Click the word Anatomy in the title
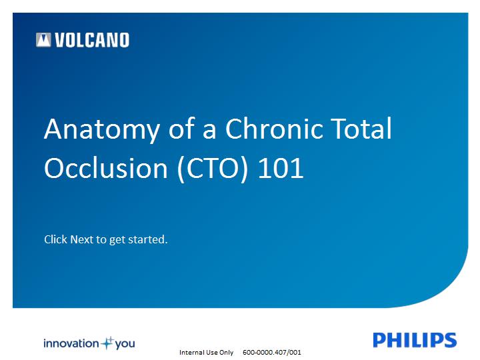point(102,131)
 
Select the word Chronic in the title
point(274,128)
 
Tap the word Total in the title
point(361,128)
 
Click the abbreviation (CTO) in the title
point(213,169)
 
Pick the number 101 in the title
point(281,168)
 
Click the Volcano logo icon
point(43,40)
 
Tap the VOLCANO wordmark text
point(92,40)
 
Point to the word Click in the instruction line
point(56,239)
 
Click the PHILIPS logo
point(415,340)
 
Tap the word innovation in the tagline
point(71,343)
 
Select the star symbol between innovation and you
point(107,343)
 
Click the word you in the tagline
point(125,345)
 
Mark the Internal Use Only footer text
point(206,353)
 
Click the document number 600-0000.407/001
point(272,353)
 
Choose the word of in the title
point(182,128)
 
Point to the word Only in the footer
point(226,353)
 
